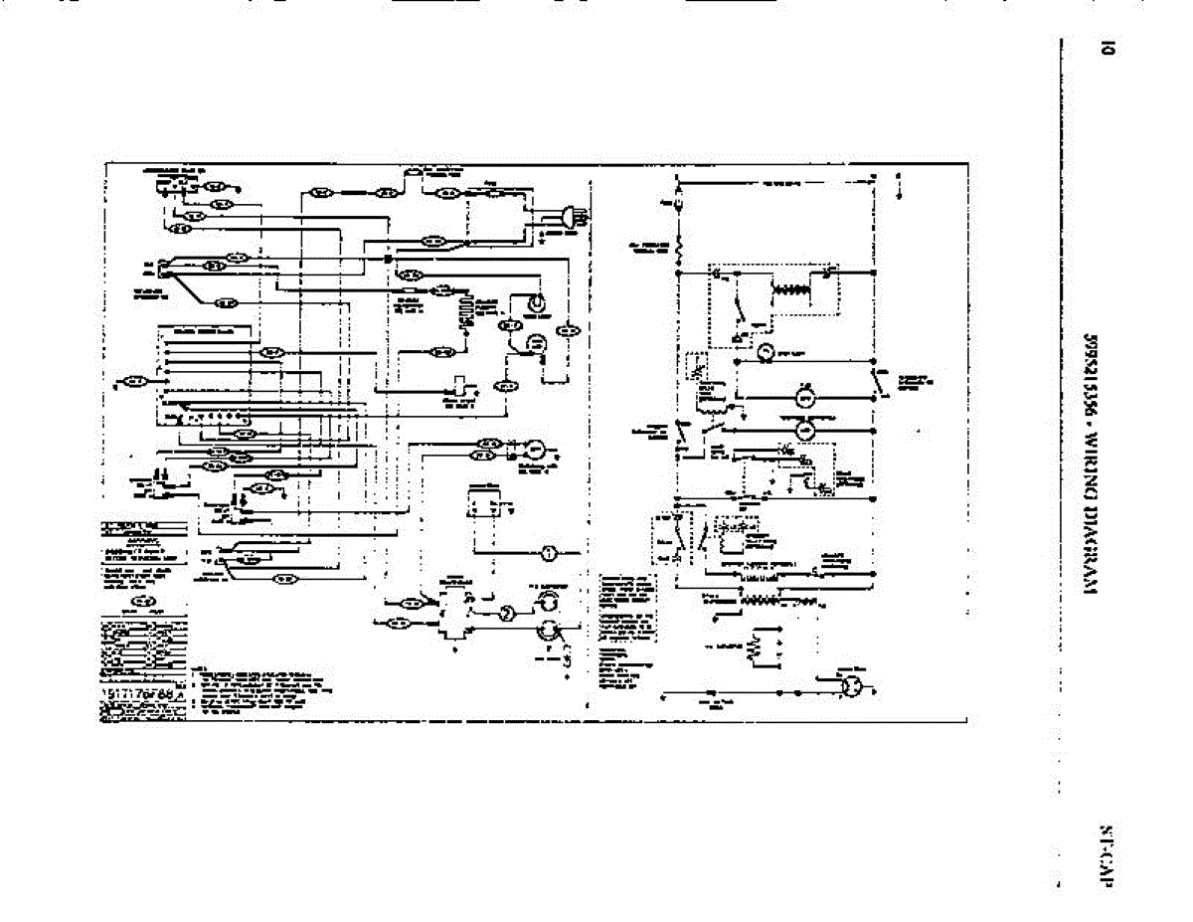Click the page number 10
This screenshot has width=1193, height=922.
[1104, 47]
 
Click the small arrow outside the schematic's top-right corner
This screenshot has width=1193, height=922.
[899, 188]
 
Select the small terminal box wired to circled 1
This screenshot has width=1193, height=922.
[484, 502]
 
